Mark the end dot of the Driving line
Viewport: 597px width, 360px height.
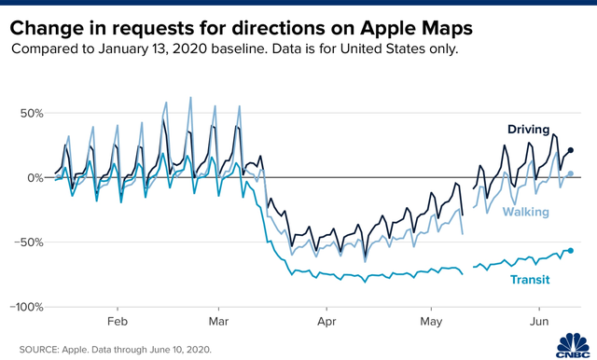point(571,150)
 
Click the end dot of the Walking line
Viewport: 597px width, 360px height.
point(571,173)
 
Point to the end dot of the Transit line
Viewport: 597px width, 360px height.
point(571,251)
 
